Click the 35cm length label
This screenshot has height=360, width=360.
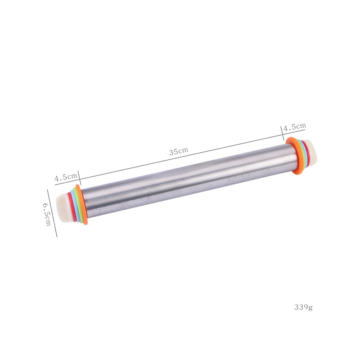tap(179, 151)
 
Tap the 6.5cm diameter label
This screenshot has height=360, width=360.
tap(47, 214)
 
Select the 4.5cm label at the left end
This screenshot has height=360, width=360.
tap(66, 177)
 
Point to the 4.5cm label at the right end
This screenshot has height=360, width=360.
tap(294, 127)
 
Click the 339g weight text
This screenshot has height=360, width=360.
tap(303, 307)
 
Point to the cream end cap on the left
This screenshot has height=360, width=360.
tap(63, 208)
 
